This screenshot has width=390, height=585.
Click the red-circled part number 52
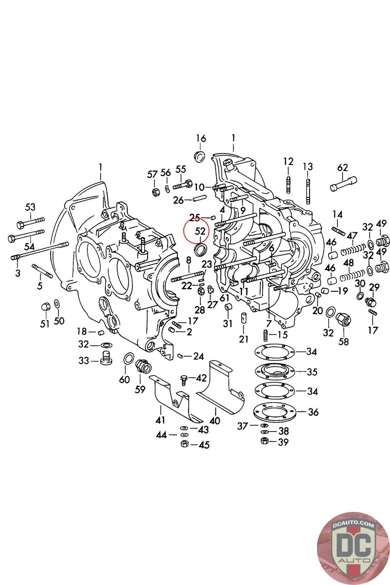click(x=200, y=231)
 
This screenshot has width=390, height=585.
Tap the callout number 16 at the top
click(x=201, y=138)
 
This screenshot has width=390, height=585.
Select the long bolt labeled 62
click(x=343, y=184)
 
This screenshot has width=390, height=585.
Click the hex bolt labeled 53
click(x=31, y=222)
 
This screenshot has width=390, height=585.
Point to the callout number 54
click(x=29, y=246)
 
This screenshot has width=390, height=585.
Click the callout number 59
click(x=140, y=389)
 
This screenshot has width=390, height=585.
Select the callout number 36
click(x=313, y=412)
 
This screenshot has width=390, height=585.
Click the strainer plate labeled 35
click(x=274, y=371)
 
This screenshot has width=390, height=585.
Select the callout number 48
click(x=348, y=263)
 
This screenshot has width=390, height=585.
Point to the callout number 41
click(x=160, y=420)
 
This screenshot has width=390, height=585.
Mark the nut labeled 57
click(x=156, y=192)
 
